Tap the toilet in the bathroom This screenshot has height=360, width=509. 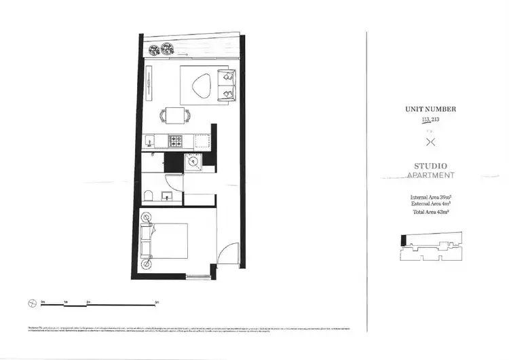(x=148, y=197)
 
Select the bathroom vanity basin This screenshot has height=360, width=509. (x=167, y=198)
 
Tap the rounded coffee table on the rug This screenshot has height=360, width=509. (x=202, y=86)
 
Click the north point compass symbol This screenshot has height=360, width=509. (x=31, y=303)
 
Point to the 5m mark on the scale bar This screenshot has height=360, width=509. (x=157, y=300)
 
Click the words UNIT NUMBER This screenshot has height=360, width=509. (x=430, y=109)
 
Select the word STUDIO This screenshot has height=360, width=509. (x=430, y=166)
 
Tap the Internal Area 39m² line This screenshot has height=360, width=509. (x=430, y=197)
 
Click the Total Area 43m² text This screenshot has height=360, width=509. (x=430, y=212)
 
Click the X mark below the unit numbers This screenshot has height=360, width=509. (x=430, y=142)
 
